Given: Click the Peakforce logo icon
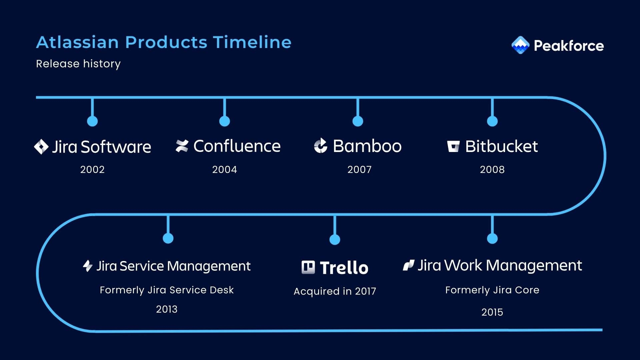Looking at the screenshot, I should [x=520, y=45].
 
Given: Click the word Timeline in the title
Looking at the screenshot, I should [x=252, y=42].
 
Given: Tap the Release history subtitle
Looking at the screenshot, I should [x=78, y=64].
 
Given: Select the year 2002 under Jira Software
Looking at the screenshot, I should [x=92, y=170].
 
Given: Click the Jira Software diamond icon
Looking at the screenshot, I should [x=41, y=147].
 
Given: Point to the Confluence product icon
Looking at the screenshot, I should [x=182, y=146].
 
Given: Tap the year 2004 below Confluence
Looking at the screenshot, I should [x=225, y=170].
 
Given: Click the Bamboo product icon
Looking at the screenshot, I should [x=321, y=146].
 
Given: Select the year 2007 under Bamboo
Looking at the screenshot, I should [x=359, y=170].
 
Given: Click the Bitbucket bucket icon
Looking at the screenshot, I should [x=453, y=146].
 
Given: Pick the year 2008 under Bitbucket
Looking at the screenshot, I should [x=492, y=170].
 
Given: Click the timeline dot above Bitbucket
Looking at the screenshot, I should [x=492, y=121].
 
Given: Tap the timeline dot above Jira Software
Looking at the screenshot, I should [x=92, y=121].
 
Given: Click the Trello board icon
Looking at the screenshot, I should [x=308, y=267].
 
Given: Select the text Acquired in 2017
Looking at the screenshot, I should [x=335, y=291].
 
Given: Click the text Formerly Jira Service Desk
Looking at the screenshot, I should [x=167, y=290].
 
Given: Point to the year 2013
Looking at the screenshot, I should [x=167, y=309].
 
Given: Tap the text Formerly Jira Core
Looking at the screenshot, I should [x=492, y=290].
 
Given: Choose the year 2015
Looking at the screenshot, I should [x=492, y=312].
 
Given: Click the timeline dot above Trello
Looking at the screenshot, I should [x=335, y=239].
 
